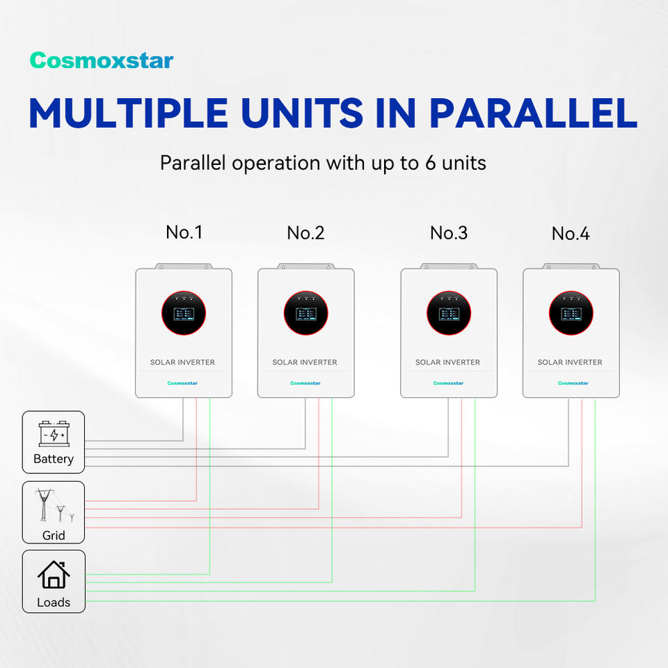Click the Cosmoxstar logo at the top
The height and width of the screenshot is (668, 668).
(x=102, y=61)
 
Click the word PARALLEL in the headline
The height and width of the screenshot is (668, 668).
(x=533, y=112)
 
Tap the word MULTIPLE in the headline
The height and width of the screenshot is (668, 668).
(x=128, y=112)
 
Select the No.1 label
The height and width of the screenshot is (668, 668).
(x=184, y=232)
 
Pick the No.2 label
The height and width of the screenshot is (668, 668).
(x=305, y=233)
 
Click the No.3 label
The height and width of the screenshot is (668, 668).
(x=449, y=233)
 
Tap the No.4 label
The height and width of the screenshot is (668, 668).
(x=571, y=234)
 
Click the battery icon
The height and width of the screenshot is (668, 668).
(x=54, y=434)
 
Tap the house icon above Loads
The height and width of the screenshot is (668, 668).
(x=54, y=575)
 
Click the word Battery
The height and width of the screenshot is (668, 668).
(x=54, y=459)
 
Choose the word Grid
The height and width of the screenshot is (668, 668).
(x=54, y=535)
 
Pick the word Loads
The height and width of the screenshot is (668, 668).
(x=54, y=603)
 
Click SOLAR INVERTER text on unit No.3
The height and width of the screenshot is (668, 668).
(x=447, y=363)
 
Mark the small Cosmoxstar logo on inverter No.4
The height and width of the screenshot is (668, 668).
(x=573, y=383)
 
